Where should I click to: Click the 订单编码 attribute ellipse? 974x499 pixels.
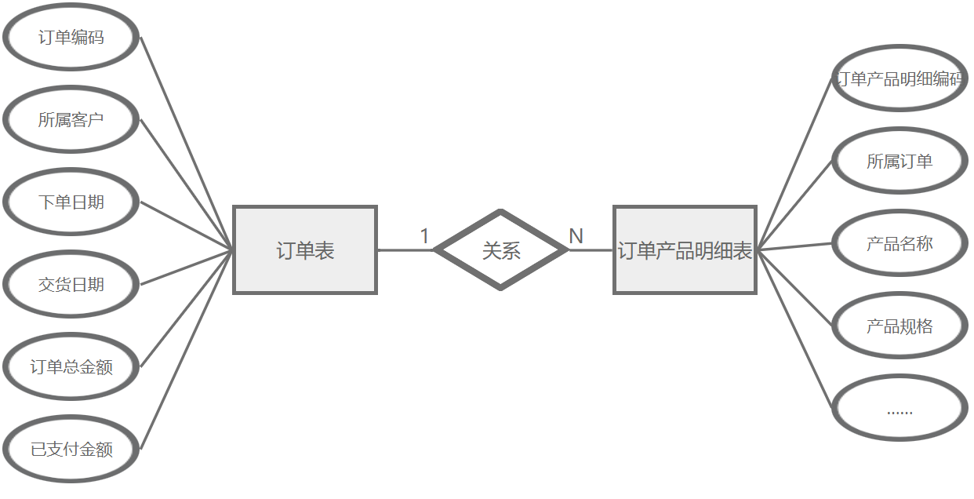click(71, 38)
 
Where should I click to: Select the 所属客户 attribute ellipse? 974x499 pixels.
click(71, 120)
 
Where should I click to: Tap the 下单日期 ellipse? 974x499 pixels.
click(71, 202)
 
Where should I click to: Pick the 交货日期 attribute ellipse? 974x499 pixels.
click(71, 285)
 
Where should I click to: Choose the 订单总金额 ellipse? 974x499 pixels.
click(71, 366)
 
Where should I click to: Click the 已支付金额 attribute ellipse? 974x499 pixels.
click(71, 449)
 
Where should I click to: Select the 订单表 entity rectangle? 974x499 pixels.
click(305, 250)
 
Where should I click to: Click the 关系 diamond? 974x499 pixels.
click(500, 250)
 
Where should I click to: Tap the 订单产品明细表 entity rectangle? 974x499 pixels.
click(685, 250)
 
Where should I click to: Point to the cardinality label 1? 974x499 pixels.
click(424, 236)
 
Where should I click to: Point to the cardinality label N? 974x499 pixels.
click(576, 236)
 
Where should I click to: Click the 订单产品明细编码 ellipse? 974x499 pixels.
click(899, 78)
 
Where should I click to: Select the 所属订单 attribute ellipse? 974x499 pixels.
click(899, 161)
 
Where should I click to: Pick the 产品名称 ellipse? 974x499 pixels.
click(899, 243)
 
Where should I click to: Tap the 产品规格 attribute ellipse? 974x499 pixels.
click(899, 326)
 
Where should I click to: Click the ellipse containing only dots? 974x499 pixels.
click(899, 408)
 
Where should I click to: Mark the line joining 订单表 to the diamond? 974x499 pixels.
click(405, 250)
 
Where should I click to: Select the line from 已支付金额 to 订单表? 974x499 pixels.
click(187, 349)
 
